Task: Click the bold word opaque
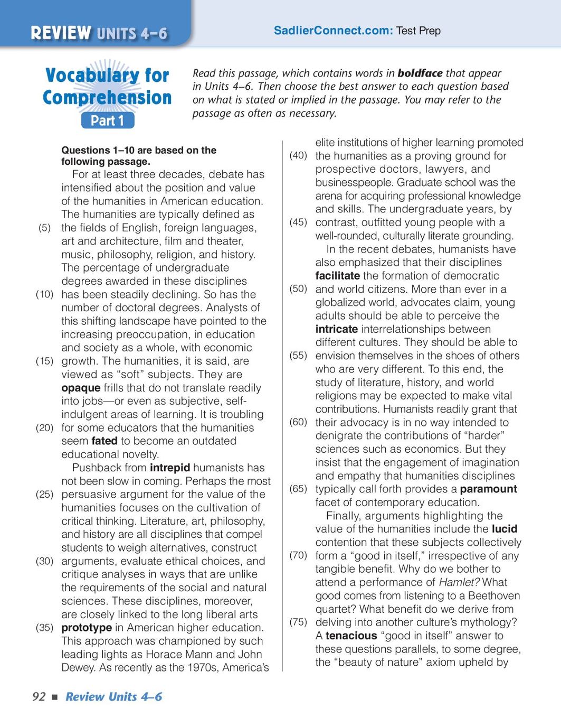pos(80,388)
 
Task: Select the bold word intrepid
pos(169,468)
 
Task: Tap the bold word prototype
pos(87,628)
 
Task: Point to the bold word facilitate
pos(337,276)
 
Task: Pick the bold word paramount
pos(488,489)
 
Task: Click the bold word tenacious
pos(351,636)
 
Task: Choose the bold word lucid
pos(504,529)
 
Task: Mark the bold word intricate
pos(336,329)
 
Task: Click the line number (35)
pos(45,628)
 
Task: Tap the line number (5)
pos(45,228)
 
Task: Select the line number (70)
pos(298,555)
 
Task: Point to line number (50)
pos(298,289)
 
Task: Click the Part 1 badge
pos(107,120)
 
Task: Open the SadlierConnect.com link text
pos(333,31)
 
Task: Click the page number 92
pos(39,697)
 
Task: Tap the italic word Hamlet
pos(458,582)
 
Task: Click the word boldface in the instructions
pos(420,73)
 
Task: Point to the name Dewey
pos(78,668)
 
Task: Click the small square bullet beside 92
pos(54,697)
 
